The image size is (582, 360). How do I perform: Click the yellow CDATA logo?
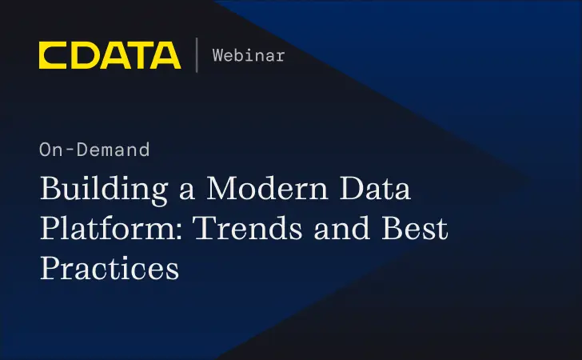110,55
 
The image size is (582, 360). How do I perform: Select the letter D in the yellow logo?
82,55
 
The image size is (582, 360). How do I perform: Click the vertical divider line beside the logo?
196,55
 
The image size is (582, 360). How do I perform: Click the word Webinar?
248,55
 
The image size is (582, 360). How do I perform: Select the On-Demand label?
94,149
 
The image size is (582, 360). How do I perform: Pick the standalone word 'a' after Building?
185,193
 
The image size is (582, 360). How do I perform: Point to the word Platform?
103,230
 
